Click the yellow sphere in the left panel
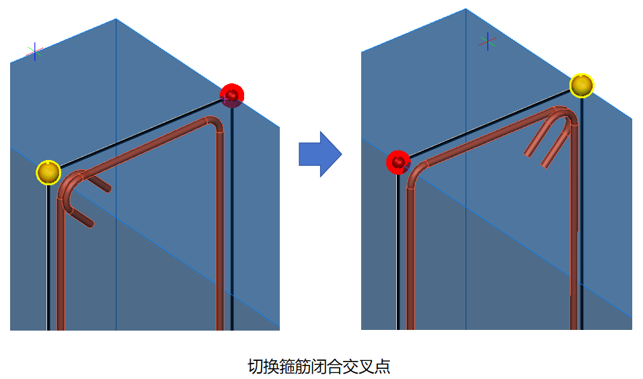point(48,173)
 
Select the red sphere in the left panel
point(231,95)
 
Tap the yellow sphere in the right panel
point(581,85)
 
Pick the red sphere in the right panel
point(398,162)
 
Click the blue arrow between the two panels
point(320,154)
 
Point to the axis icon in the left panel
point(35,51)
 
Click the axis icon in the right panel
point(488,41)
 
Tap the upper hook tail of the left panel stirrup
point(100,184)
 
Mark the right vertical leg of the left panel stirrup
point(220,228)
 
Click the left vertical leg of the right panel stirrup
point(408,255)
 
